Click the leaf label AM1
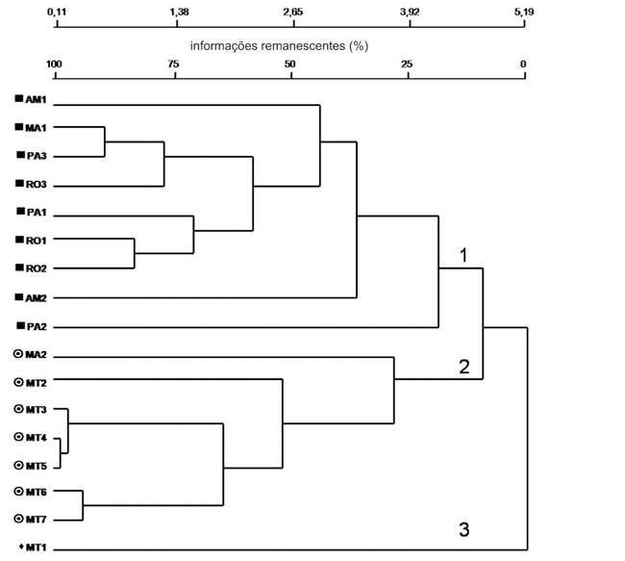pyautogui.click(x=36, y=99)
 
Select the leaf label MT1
pyautogui.click(x=36, y=548)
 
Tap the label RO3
pyautogui.click(x=37, y=185)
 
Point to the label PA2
pyautogui.click(x=37, y=327)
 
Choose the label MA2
pyautogui.click(x=36, y=355)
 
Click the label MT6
pyautogui.click(x=37, y=493)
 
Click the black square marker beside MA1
pyautogui.click(x=18, y=127)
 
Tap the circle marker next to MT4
pyautogui.click(x=18, y=437)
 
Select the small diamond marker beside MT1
pyautogui.click(x=21, y=547)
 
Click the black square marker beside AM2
pyautogui.click(x=18, y=297)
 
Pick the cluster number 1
pyautogui.click(x=463, y=255)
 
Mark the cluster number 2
pyautogui.click(x=464, y=367)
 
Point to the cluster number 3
pyautogui.click(x=464, y=530)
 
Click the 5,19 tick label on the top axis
pyautogui.click(x=524, y=12)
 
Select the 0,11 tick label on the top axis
pyautogui.click(x=57, y=12)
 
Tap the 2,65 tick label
pyautogui.click(x=293, y=12)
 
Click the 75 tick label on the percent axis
pyautogui.click(x=173, y=64)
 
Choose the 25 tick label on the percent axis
pyautogui.click(x=407, y=64)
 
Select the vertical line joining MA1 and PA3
pyautogui.click(x=105, y=141)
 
